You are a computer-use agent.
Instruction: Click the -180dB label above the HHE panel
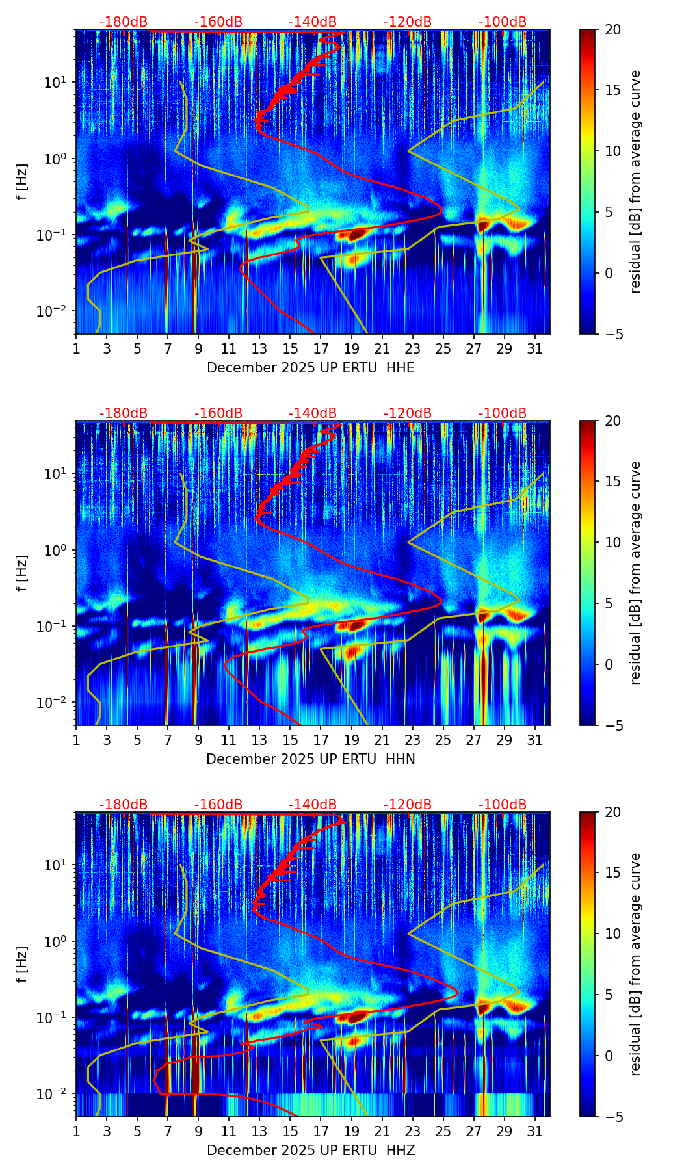pyautogui.click(x=124, y=22)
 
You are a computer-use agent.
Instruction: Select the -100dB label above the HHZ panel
pyautogui.click(x=503, y=805)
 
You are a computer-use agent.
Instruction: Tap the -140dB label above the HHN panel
pyautogui.click(x=313, y=413)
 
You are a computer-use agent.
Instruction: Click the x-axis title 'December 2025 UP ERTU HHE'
pyautogui.click(x=310, y=368)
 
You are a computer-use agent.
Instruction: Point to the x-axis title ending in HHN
pyautogui.click(x=310, y=759)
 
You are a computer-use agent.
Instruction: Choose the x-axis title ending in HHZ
pyautogui.click(x=310, y=1151)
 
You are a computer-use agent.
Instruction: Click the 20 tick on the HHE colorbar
pyautogui.click(x=613, y=29)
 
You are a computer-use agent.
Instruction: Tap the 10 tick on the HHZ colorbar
pyautogui.click(x=613, y=934)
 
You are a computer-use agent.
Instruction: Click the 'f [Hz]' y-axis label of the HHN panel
pyautogui.click(x=22, y=573)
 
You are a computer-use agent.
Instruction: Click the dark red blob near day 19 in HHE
pyautogui.click(x=354, y=235)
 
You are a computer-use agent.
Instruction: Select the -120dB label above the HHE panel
pyautogui.click(x=408, y=22)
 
